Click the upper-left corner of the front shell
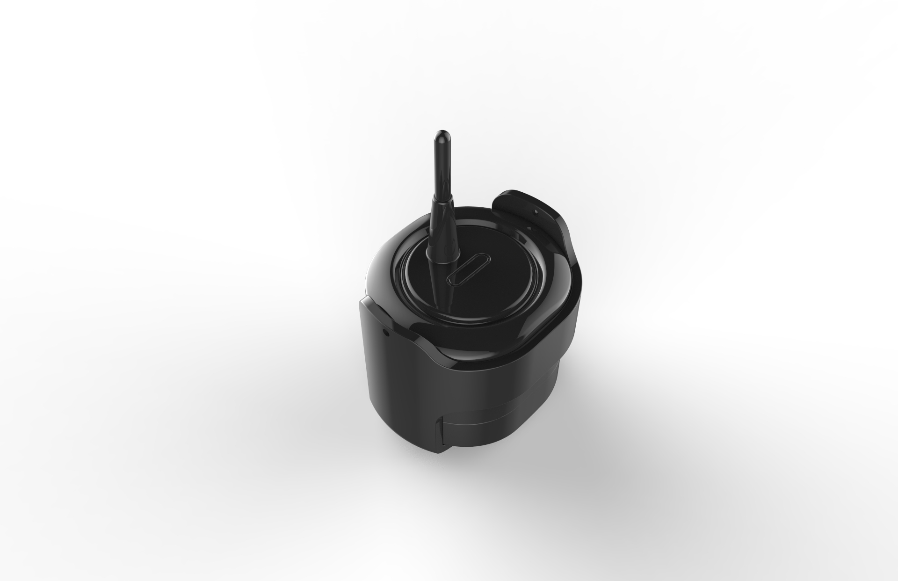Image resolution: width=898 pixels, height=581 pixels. pyautogui.click(x=361, y=303)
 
